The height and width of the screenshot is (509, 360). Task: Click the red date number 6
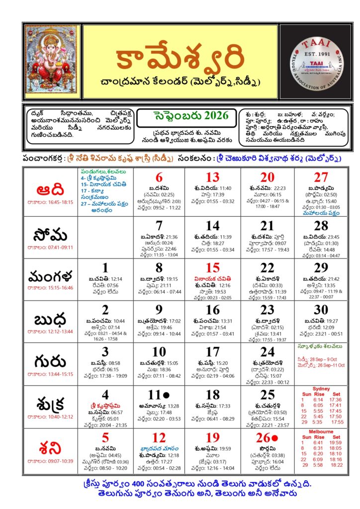coord(159,177)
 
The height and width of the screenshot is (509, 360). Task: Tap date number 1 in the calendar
coord(105,268)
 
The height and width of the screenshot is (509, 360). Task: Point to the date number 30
coord(321,310)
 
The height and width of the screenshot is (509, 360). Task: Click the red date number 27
coord(321,177)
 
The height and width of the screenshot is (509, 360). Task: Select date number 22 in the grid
coord(268,268)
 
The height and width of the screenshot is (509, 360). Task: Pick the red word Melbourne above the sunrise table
coord(321,431)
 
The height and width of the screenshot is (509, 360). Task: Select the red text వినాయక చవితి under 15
coord(213,279)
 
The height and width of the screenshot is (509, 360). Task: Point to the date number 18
coord(213,395)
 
